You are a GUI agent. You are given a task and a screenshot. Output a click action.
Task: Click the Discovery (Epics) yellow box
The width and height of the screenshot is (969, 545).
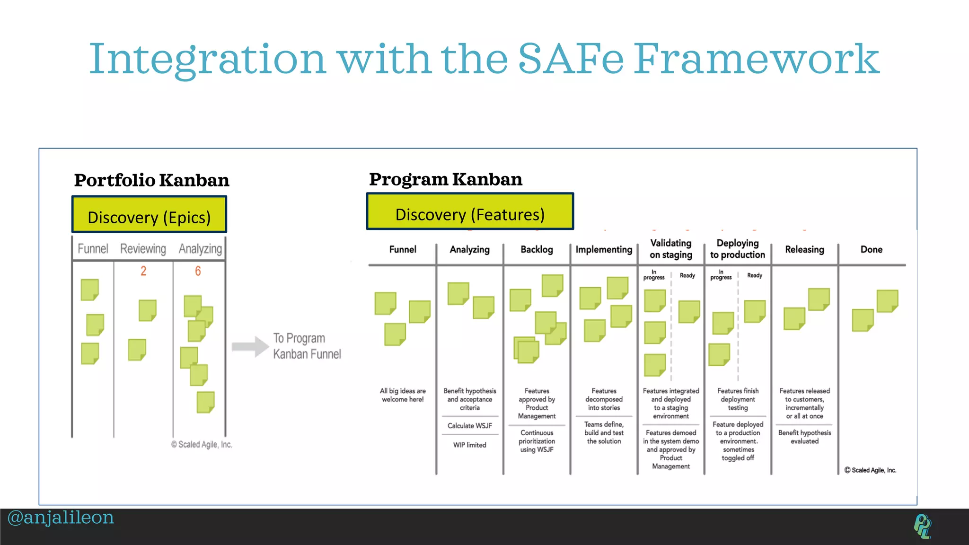click(149, 215)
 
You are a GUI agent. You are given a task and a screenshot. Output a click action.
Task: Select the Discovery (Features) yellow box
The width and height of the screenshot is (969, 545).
click(470, 212)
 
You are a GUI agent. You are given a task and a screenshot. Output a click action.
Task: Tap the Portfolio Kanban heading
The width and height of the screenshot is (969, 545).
click(151, 180)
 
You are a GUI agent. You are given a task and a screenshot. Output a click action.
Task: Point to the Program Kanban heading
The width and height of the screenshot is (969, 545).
click(445, 179)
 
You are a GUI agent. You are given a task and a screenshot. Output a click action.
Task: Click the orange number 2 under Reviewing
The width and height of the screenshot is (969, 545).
click(143, 271)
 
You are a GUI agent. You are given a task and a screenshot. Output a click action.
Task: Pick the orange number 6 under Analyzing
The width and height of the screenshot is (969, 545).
click(198, 271)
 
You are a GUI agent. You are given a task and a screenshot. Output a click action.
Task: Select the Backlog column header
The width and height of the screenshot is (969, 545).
click(537, 249)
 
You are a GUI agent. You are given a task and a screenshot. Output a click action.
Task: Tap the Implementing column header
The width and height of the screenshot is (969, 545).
click(604, 249)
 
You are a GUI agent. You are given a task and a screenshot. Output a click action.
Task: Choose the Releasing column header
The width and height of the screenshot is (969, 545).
click(804, 249)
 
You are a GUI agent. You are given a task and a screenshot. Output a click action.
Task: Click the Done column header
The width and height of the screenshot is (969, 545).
click(871, 249)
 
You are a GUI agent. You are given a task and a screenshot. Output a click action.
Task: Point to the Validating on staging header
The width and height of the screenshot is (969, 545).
click(670, 249)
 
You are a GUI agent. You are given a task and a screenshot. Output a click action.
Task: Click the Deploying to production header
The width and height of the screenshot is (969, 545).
click(737, 249)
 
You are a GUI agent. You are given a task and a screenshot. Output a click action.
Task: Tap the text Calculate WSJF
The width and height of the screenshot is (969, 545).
click(470, 426)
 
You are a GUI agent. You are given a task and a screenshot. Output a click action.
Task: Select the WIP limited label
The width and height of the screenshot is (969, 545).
click(469, 445)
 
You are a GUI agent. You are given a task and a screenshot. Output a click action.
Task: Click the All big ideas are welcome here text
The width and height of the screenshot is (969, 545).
click(403, 395)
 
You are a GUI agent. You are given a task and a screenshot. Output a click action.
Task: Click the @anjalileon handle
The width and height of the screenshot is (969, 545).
click(61, 518)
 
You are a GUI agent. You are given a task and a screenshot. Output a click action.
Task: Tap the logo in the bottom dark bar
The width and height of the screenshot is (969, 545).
click(922, 526)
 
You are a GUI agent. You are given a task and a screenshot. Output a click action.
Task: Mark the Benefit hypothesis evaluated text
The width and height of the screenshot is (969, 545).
click(804, 437)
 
